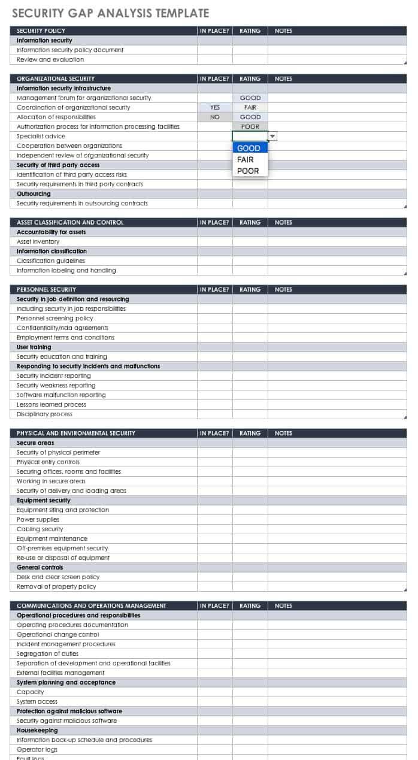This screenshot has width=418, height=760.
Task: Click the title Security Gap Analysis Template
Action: coord(111,13)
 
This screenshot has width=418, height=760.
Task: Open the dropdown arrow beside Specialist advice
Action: coord(272,137)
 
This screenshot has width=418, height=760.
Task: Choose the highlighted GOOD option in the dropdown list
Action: coord(249,148)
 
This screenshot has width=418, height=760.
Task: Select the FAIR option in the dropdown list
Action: coord(246,159)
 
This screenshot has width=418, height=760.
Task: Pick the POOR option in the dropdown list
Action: coord(248,171)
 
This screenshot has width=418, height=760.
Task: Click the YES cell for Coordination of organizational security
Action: coord(215,108)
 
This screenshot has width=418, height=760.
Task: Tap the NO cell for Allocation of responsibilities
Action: coord(215,117)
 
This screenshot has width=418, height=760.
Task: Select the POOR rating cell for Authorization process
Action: coord(250,127)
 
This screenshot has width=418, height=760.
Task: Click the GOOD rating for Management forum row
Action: coord(250,98)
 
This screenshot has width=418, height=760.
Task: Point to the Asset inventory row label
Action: coord(38,242)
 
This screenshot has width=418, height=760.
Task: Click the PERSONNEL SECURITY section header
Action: coord(47,290)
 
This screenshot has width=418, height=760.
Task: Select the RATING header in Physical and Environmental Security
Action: coord(250,434)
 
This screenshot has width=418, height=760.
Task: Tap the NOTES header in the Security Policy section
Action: coord(284,31)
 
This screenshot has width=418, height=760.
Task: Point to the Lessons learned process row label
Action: coord(53,405)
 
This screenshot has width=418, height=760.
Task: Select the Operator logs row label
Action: coord(37,750)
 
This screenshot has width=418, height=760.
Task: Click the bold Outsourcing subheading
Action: coord(34,194)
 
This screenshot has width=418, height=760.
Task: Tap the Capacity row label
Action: coord(31,692)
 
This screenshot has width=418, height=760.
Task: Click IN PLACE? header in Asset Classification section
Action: coord(214,223)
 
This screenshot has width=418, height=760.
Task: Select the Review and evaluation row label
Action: coord(50,60)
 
